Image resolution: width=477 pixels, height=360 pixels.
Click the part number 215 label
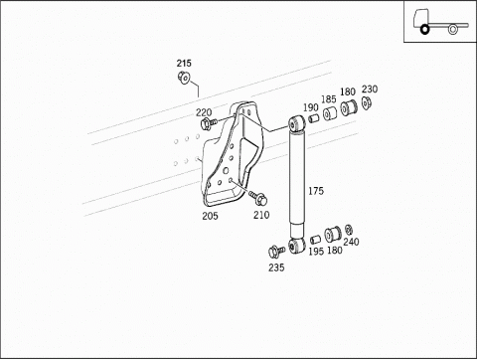tap(184, 63)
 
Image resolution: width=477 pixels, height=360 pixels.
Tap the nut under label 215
tap(184, 78)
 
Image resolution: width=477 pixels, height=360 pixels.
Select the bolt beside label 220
tap(208, 123)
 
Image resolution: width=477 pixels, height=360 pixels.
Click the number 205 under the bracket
tap(210, 216)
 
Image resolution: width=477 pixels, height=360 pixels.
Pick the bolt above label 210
tap(258, 198)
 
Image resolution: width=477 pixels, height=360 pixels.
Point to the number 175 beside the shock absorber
tap(316, 191)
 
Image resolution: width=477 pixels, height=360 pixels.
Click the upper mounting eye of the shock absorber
tap(296, 123)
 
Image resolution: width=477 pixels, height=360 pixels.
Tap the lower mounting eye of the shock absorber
tap(296, 246)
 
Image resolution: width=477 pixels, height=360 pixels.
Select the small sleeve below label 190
tap(314, 117)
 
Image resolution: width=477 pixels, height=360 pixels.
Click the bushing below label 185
tap(330, 113)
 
